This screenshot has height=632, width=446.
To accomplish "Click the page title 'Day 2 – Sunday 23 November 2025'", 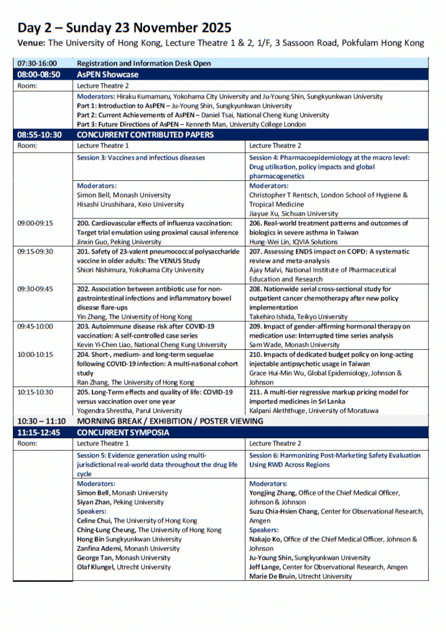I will tap(124, 27).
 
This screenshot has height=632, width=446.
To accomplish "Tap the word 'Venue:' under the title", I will tap(31, 43).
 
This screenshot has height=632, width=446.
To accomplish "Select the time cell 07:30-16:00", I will tap(37, 63).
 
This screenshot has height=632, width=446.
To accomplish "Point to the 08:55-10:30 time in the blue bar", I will tap(39, 135).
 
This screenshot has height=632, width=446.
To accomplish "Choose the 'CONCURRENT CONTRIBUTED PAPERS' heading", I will tap(145, 135).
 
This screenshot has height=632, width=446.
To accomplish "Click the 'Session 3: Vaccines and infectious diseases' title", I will tap(141, 157).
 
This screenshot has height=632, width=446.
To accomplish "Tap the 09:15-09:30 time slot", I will tap(35, 251).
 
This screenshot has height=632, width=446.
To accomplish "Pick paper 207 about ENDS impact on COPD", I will tap(329, 251).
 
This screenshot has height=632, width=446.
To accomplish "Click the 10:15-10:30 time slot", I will tap(35, 392).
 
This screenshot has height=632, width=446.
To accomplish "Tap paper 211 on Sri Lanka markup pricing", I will tap(329, 392).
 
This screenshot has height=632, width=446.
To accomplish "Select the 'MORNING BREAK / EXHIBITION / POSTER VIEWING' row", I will tap(170, 421).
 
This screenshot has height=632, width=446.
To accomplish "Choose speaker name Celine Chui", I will tap(94, 521).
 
